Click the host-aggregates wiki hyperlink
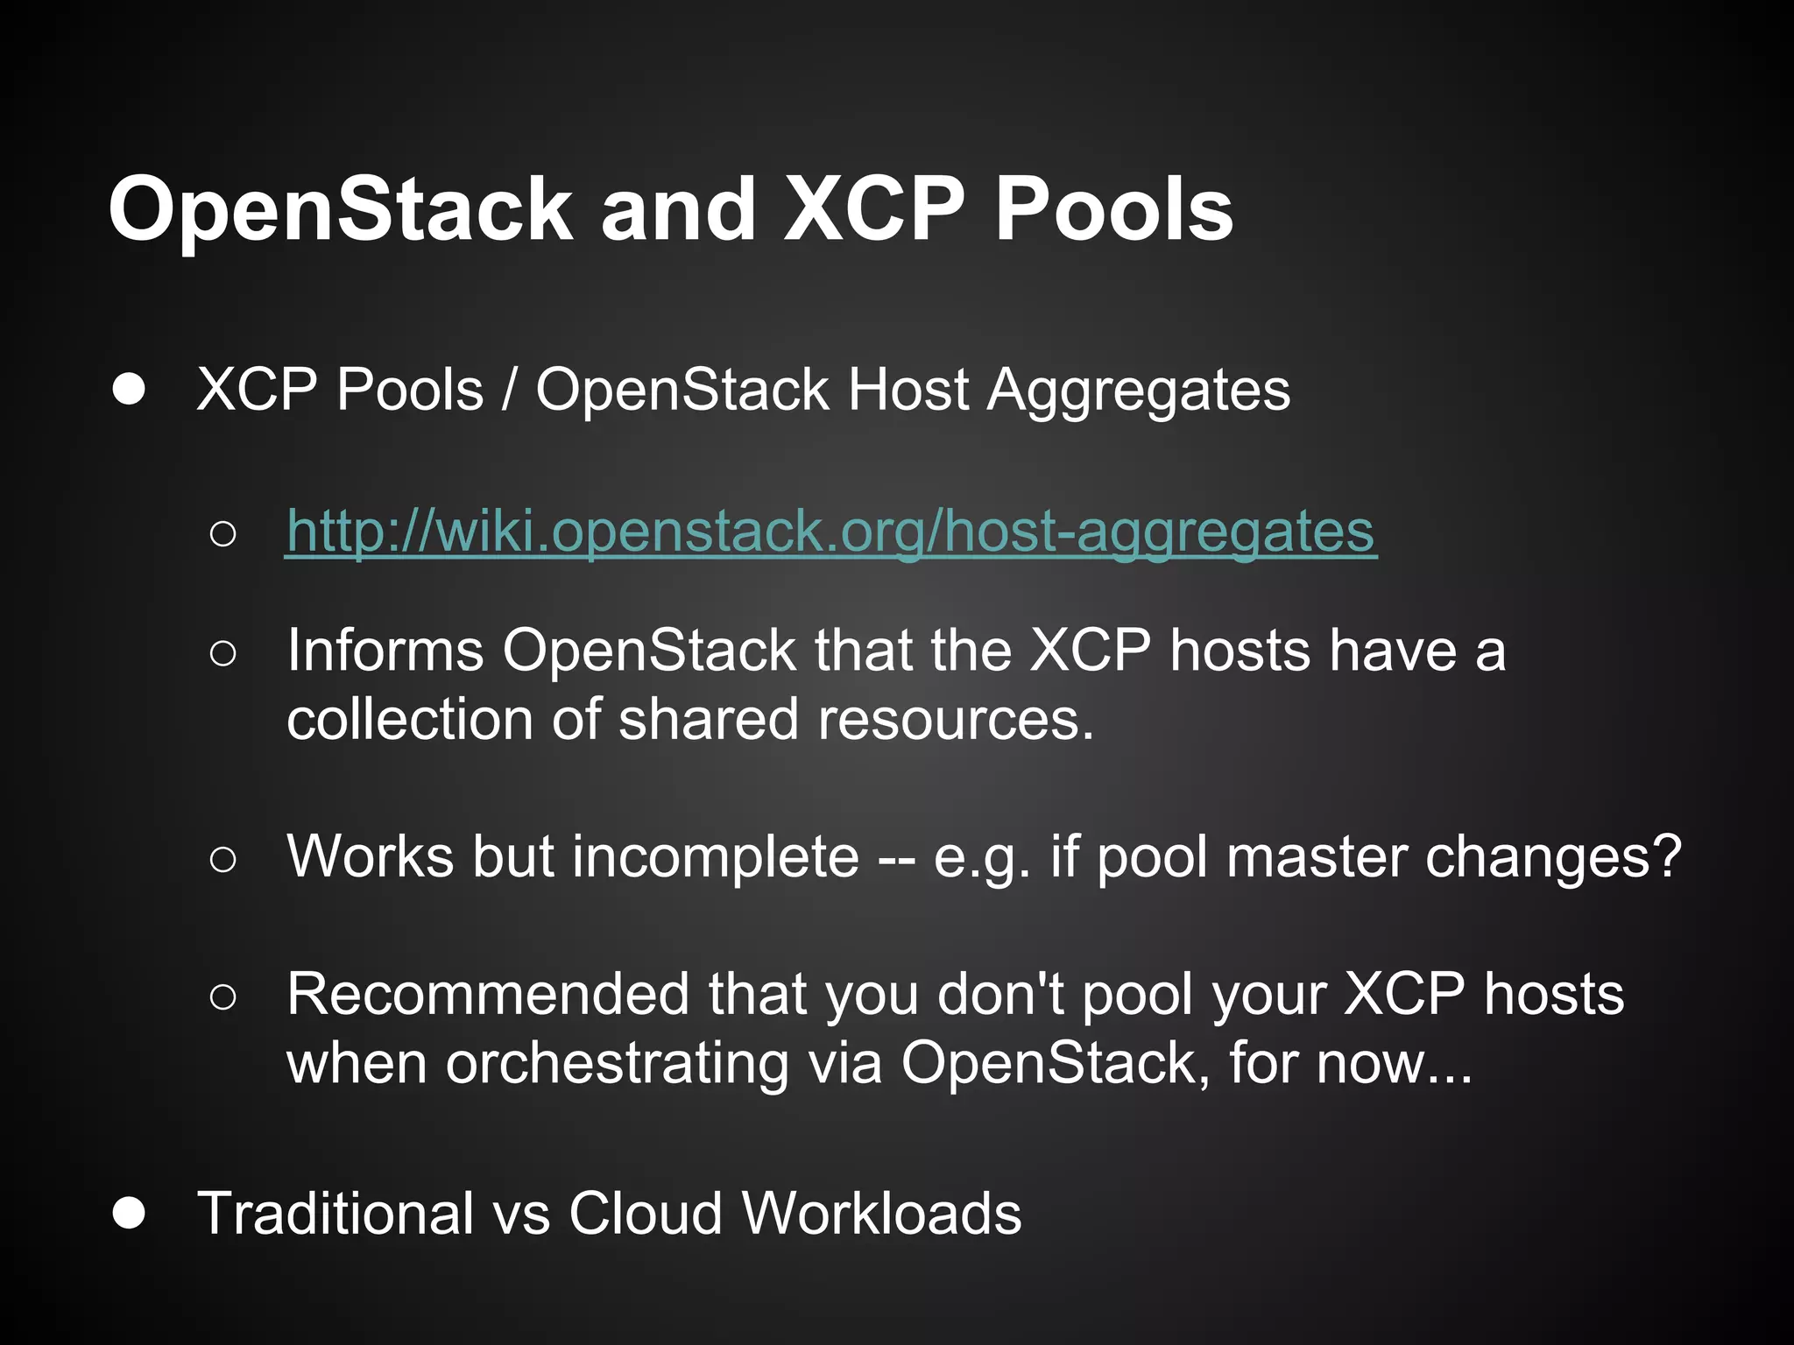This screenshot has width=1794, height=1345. (x=831, y=532)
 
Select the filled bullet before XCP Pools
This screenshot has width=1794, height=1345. (x=129, y=390)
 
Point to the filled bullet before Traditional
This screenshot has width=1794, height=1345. (x=129, y=1214)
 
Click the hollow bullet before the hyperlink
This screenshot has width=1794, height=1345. (x=223, y=533)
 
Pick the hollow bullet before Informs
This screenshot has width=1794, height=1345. (x=223, y=652)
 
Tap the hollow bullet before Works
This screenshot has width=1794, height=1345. (x=223, y=859)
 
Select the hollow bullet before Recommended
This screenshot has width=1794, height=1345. (x=223, y=996)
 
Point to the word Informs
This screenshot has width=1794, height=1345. (x=385, y=651)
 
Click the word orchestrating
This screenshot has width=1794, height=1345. (x=617, y=1064)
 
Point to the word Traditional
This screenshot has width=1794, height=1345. (x=335, y=1214)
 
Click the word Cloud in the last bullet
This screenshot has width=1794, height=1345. (x=645, y=1214)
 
